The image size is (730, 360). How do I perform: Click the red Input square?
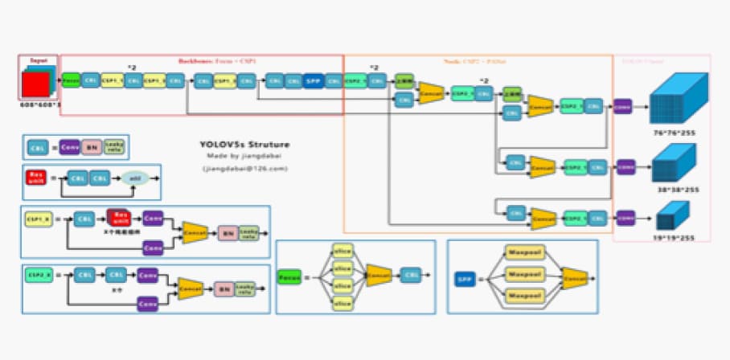[x=36, y=84]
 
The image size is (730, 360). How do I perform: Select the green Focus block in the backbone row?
[x=71, y=81]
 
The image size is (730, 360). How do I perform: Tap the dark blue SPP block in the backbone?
[x=313, y=81]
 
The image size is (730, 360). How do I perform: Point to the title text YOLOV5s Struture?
[x=245, y=145]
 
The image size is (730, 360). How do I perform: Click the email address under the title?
[x=245, y=169]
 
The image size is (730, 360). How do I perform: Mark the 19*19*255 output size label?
[x=674, y=238]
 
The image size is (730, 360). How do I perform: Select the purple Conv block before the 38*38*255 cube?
[x=623, y=166]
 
